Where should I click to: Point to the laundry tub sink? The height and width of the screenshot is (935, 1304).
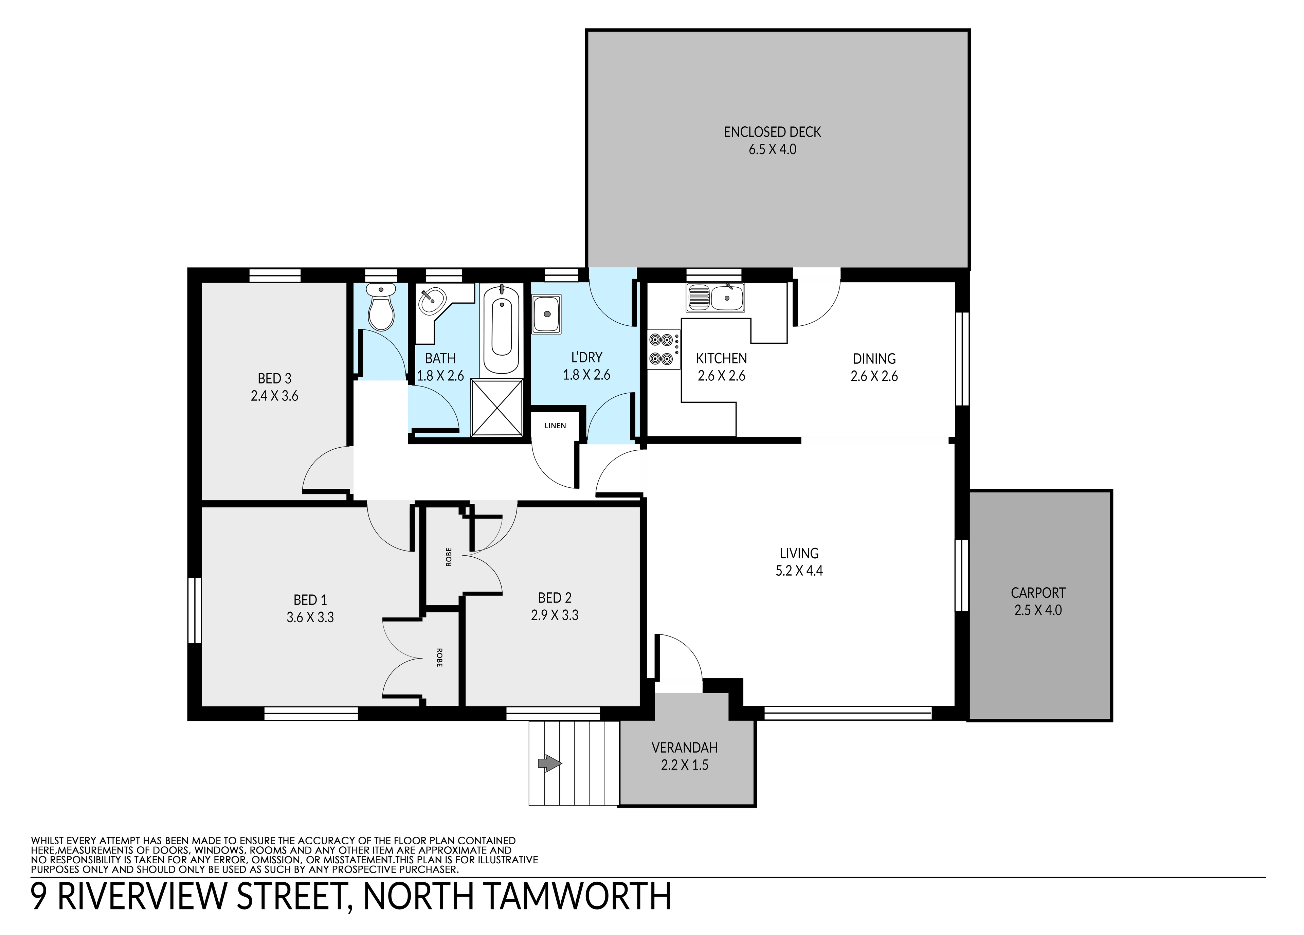[546, 314]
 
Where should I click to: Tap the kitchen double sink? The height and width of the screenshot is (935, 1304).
[715, 297]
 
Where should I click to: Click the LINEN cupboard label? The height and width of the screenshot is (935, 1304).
[556, 426]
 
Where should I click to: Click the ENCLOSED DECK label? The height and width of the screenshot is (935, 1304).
[772, 132]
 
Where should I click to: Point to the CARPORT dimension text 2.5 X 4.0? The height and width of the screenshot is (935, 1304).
[1038, 610]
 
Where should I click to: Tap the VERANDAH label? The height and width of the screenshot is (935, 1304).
[684, 748]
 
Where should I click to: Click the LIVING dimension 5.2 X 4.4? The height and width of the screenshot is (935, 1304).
[799, 571]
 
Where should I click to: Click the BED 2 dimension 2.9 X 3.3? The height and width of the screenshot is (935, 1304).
[554, 615]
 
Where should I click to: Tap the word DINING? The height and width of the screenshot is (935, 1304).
[874, 359]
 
